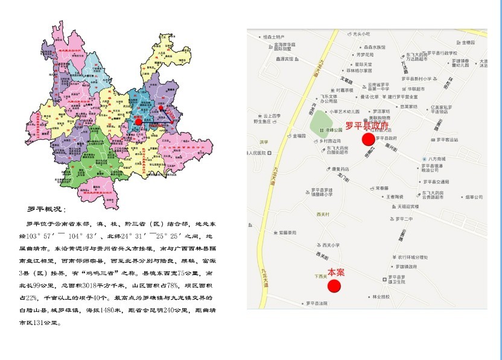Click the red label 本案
tap(336, 273)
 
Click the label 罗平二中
tap(404, 218)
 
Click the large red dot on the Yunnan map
tap(138, 121)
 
